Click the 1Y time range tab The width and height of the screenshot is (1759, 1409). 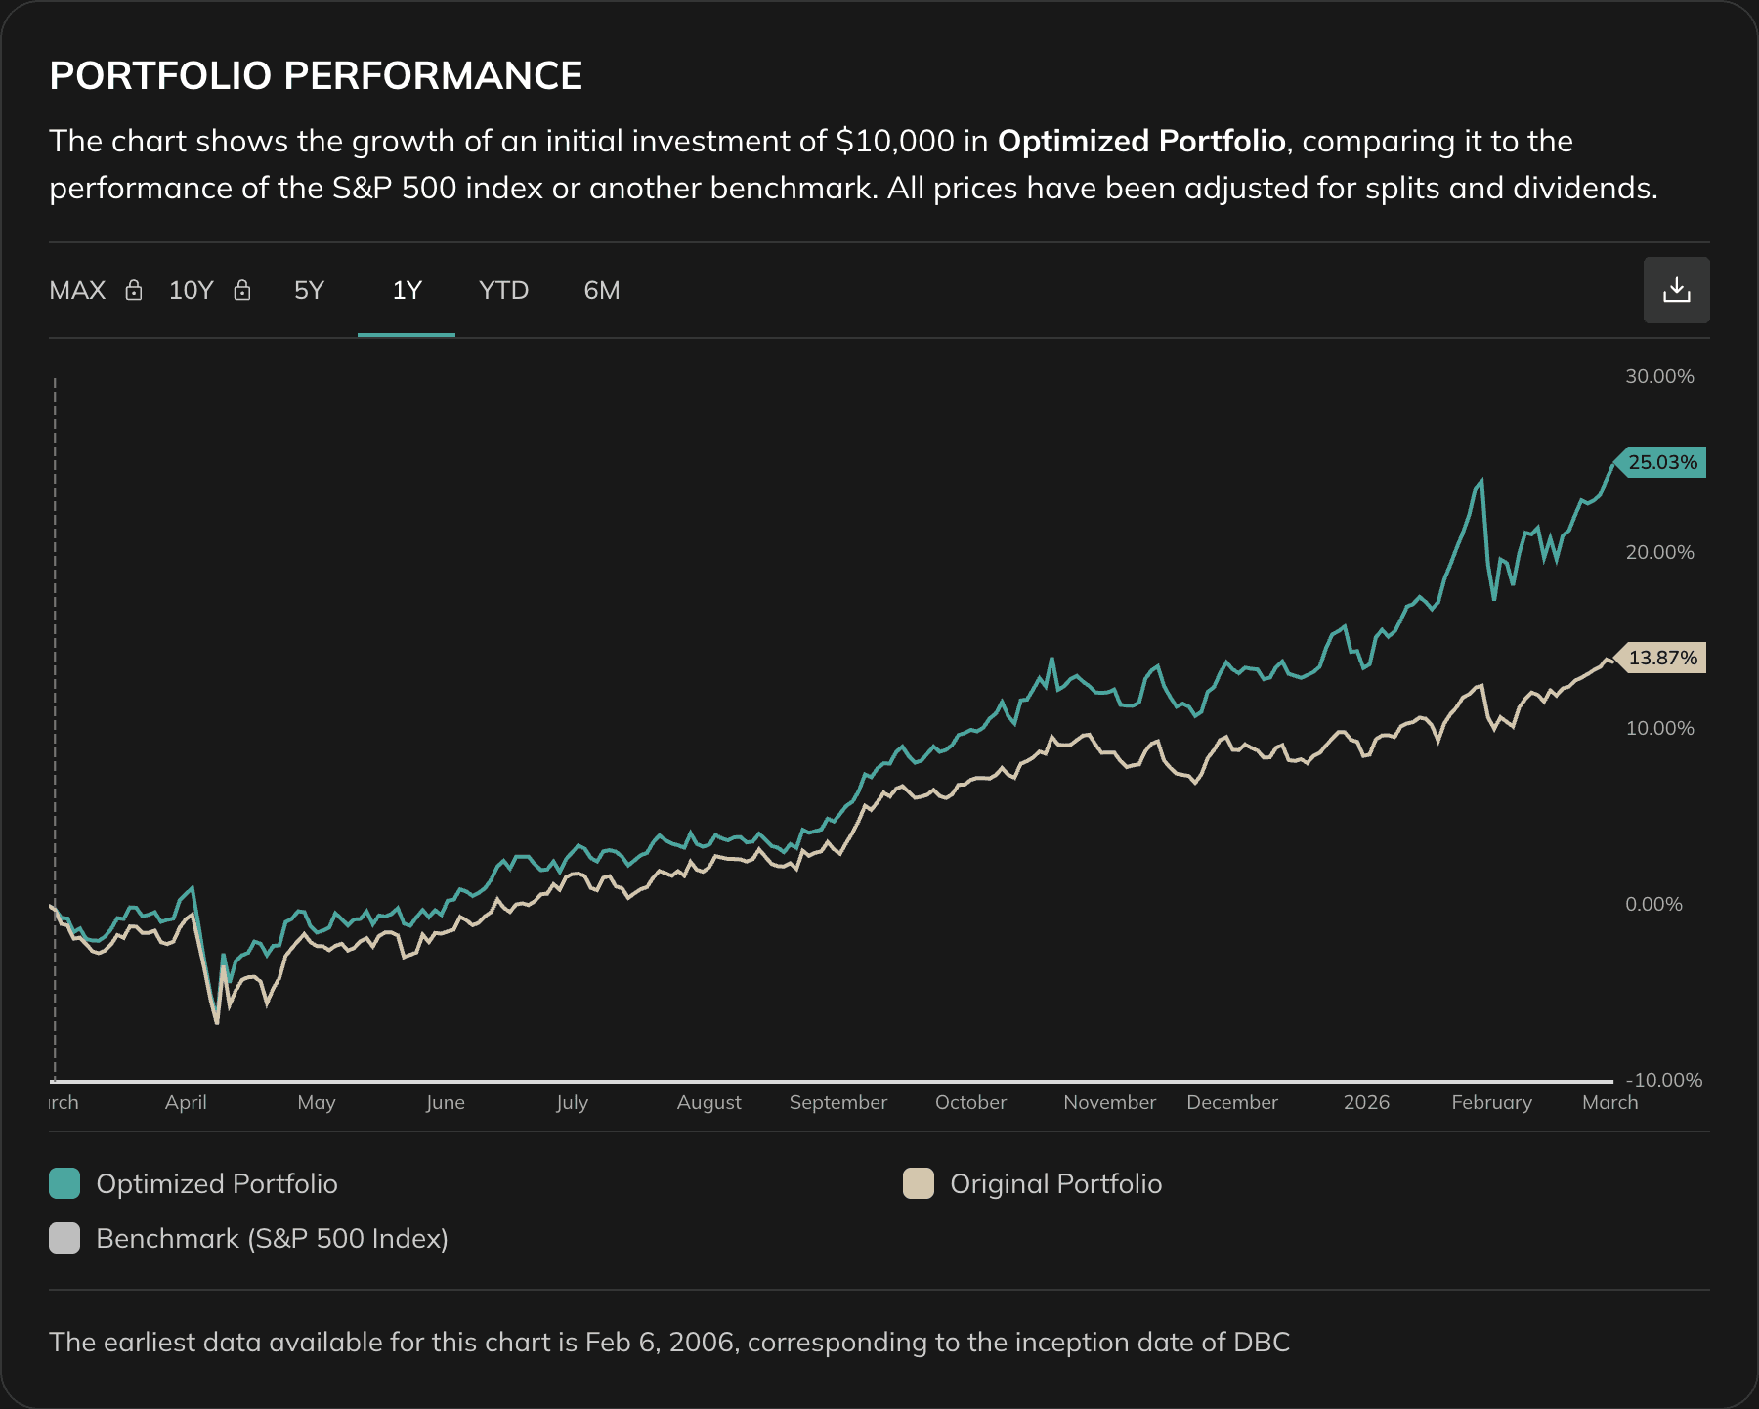(x=407, y=291)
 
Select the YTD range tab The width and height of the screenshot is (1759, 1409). (x=503, y=291)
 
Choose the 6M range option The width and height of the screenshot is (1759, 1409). (x=601, y=291)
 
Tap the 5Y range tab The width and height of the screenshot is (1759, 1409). (x=309, y=291)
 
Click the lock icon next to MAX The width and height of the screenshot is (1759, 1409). (x=134, y=290)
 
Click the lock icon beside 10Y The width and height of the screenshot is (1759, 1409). (x=242, y=290)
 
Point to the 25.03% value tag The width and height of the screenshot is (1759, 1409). (x=1661, y=462)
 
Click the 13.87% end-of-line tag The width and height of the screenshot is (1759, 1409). (x=1661, y=658)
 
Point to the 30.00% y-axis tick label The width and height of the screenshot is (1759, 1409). (x=1658, y=377)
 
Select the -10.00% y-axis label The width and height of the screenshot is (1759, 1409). (x=1663, y=1080)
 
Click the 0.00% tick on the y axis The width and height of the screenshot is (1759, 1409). (x=1653, y=905)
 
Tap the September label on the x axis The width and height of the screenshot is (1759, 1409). (x=837, y=1102)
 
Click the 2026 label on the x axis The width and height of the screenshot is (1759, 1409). (x=1365, y=1102)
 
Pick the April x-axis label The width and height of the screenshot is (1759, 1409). (x=186, y=1102)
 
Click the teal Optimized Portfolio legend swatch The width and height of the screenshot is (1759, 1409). (x=64, y=1183)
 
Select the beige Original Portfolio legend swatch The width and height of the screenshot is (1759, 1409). (x=919, y=1183)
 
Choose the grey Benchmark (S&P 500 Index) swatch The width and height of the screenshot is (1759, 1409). (x=64, y=1238)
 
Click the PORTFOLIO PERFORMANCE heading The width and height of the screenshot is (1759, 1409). (x=316, y=76)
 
